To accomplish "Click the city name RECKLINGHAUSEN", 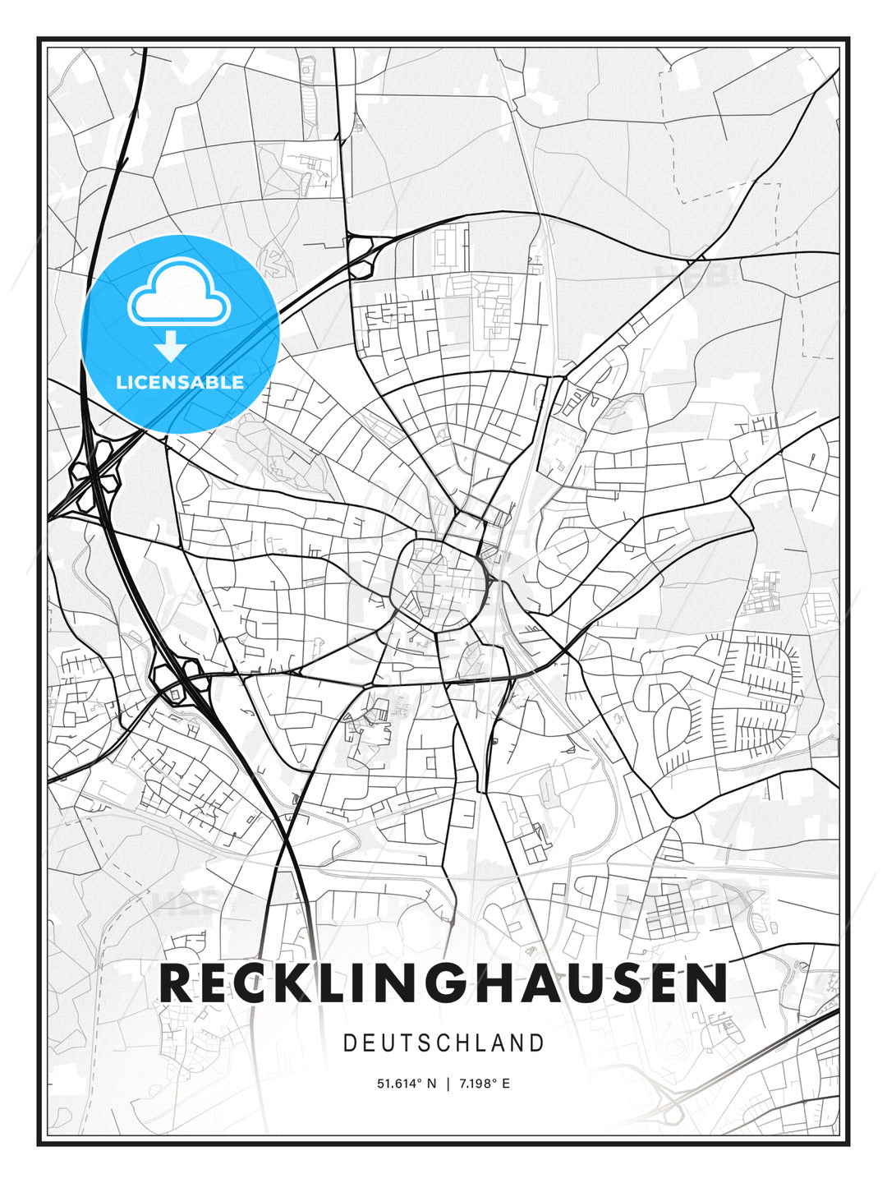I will tap(443, 983).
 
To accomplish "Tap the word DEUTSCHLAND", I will tap(443, 1043).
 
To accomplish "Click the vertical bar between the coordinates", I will tap(448, 1084).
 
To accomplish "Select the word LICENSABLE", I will tap(180, 382).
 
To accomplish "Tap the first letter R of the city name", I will tap(177, 983).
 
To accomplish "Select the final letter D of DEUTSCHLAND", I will tap(537, 1043).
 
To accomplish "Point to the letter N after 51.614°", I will tap(431, 1084).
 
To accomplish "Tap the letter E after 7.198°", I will tap(506, 1084).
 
